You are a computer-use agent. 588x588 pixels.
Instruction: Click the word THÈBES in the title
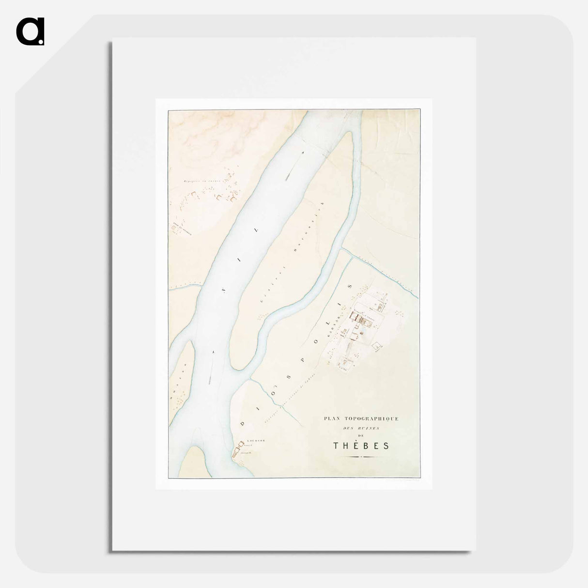(x=361, y=446)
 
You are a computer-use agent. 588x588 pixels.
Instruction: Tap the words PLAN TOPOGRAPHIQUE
(x=361, y=418)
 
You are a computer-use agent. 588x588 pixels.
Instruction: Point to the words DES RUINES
(x=360, y=428)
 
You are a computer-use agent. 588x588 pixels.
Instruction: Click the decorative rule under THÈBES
(x=361, y=457)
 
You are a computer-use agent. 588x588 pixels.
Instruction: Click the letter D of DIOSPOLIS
(x=243, y=423)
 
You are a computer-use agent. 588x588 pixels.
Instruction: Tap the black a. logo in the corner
(x=30, y=31)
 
